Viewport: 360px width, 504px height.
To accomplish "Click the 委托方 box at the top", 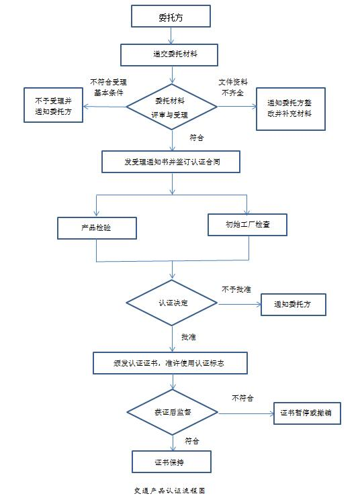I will (171, 17).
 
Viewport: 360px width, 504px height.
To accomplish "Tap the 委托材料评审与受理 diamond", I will (171, 107).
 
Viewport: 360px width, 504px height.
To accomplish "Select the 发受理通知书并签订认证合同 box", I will (171, 161).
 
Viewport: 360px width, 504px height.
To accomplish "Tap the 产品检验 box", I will (97, 228).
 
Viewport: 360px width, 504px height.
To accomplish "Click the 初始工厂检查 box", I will (247, 224).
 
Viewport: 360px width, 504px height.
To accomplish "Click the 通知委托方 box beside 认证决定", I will (294, 305).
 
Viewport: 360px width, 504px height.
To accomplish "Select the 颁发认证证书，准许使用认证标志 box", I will (171, 362).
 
